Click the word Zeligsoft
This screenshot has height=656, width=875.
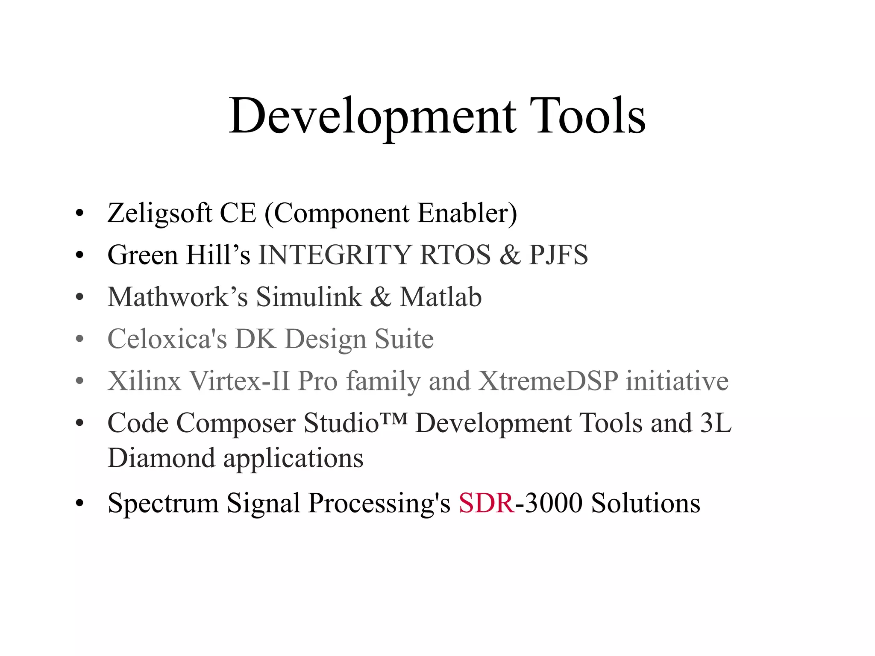160,213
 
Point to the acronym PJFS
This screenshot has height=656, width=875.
558,255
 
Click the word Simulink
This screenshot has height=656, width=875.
308,297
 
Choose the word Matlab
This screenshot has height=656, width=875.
440,297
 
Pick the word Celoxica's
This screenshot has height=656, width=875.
167,339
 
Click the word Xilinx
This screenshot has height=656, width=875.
144,381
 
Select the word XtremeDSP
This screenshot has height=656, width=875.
548,381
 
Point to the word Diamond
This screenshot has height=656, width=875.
161,458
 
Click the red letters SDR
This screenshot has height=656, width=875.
486,503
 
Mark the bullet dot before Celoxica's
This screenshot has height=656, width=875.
79,339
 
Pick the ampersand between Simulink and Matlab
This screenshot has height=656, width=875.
380,297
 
